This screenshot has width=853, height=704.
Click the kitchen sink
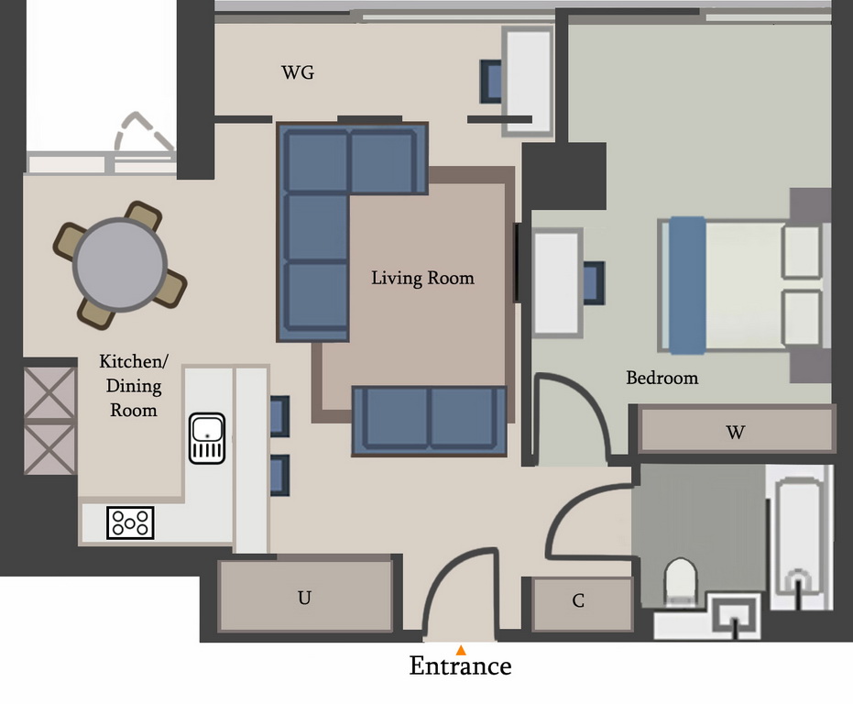coord(207,438)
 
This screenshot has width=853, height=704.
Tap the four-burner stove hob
coord(130,522)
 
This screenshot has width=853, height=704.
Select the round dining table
coord(120,265)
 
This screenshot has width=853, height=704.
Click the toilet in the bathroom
coord(681,581)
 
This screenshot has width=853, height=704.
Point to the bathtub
coord(799,537)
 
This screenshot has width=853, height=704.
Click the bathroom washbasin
coord(736,616)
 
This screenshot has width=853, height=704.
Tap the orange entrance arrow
coord(461,650)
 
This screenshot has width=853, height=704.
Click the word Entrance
coord(460,665)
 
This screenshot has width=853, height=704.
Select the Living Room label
coord(422,279)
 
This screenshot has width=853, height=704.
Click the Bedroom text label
coord(662,378)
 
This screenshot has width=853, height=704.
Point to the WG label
coord(298,72)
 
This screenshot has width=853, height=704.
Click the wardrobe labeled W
coord(737,430)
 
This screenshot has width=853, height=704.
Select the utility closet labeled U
coord(305,596)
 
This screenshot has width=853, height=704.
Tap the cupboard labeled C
coord(582,604)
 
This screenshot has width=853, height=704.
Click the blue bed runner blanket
coord(687,285)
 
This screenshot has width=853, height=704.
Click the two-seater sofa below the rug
coord(429,421)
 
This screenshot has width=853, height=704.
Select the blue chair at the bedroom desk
coord(594,282)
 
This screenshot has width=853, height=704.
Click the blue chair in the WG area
coord(491,82)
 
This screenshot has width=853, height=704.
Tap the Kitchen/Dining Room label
coord(134,386)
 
